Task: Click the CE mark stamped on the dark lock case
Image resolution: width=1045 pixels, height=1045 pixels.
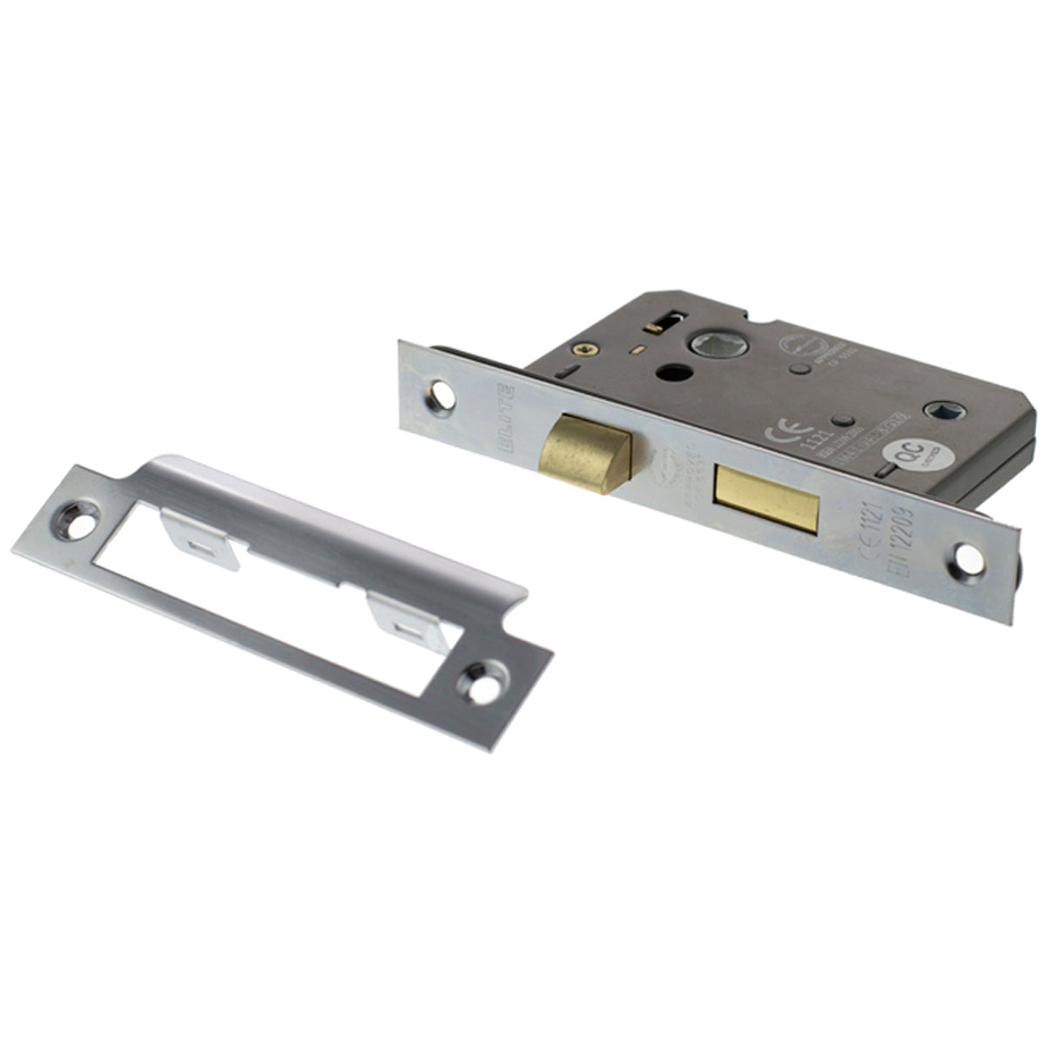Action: tap(777, 433)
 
